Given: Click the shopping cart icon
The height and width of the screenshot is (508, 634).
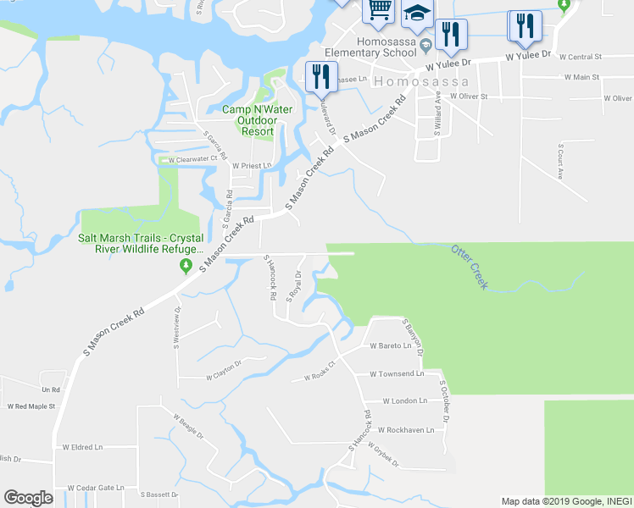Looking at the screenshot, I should (378, 10).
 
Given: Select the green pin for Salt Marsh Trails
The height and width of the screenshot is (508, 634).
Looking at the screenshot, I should (186, 268).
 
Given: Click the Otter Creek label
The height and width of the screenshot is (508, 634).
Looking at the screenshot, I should (470, 267).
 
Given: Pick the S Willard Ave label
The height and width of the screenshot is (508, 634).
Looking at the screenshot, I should (437, 110).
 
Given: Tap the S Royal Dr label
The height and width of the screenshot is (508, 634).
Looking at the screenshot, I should (295, 287).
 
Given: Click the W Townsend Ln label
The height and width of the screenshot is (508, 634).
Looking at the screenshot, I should (397, 373).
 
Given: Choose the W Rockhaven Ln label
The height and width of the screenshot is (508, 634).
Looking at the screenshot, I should (405, 430).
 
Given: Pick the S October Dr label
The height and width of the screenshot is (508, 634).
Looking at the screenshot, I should (443, 401).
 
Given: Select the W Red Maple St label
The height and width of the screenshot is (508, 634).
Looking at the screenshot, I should (31, 406).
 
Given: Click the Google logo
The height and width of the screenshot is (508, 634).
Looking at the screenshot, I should (28, 498).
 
